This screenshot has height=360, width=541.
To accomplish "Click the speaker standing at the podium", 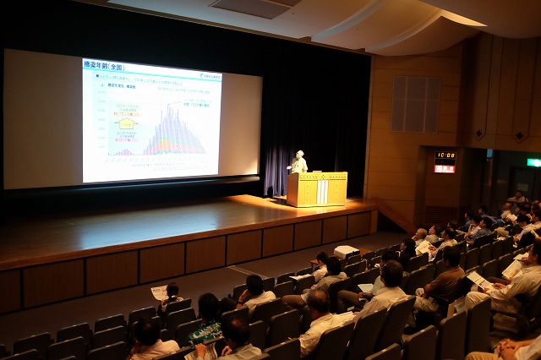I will click(298, 163).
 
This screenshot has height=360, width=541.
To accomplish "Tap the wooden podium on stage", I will click(317, 188).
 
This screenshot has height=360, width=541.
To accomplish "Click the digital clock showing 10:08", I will click(445, 156).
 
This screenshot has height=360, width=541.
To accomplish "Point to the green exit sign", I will click(533, 162).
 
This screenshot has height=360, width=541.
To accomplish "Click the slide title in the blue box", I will click(103, 67).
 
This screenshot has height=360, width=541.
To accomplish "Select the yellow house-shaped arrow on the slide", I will click(126, 123).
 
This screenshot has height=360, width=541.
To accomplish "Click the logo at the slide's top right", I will click(210, 76).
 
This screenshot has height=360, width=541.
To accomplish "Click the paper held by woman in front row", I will click(158, 292).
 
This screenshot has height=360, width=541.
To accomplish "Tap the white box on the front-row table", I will click(346, 252).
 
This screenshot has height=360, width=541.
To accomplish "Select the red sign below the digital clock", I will click(445, 169).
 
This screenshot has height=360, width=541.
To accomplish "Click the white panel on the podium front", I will click(322, 192).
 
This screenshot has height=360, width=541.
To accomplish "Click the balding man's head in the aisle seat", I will click(318, 298).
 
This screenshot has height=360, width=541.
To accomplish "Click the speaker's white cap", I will click(299, 153).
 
